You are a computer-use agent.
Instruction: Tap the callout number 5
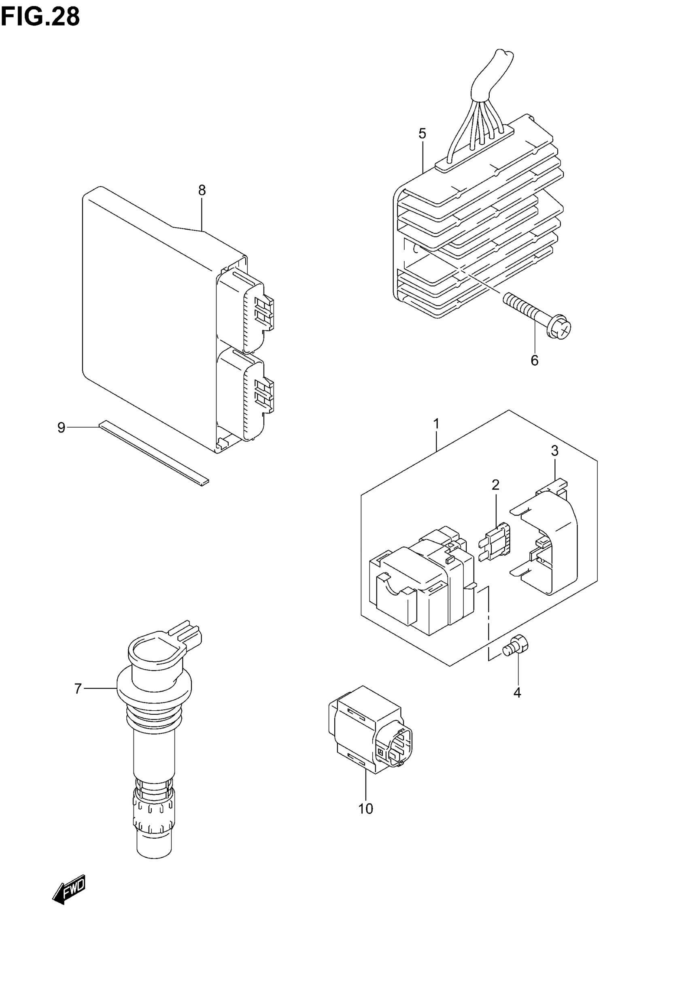(422, 134)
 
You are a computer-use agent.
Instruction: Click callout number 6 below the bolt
(535, 360)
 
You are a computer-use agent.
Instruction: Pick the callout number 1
(436, 424)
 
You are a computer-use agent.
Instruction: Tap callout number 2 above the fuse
(496, 485)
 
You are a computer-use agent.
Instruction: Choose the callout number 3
(554, 451)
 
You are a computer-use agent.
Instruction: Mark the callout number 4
(517, 693)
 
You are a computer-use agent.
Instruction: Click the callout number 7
(78, 689)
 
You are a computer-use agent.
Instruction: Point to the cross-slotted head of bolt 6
(560, 330)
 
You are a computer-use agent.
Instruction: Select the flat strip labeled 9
(153, 453)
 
